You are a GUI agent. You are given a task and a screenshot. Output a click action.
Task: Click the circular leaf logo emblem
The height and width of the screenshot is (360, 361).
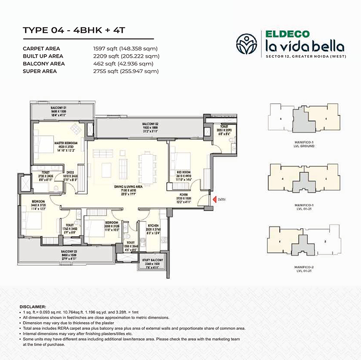pyautogui.click(x=247, y=42)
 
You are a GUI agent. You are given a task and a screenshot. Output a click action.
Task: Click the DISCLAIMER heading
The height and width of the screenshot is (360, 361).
pyautogui.click(x=33, y=307)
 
